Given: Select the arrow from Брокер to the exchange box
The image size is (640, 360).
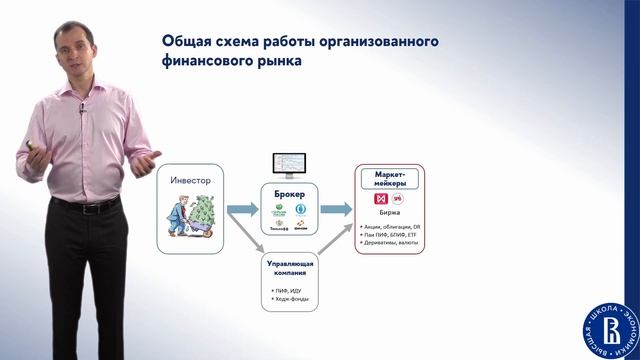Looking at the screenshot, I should [335, 208].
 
